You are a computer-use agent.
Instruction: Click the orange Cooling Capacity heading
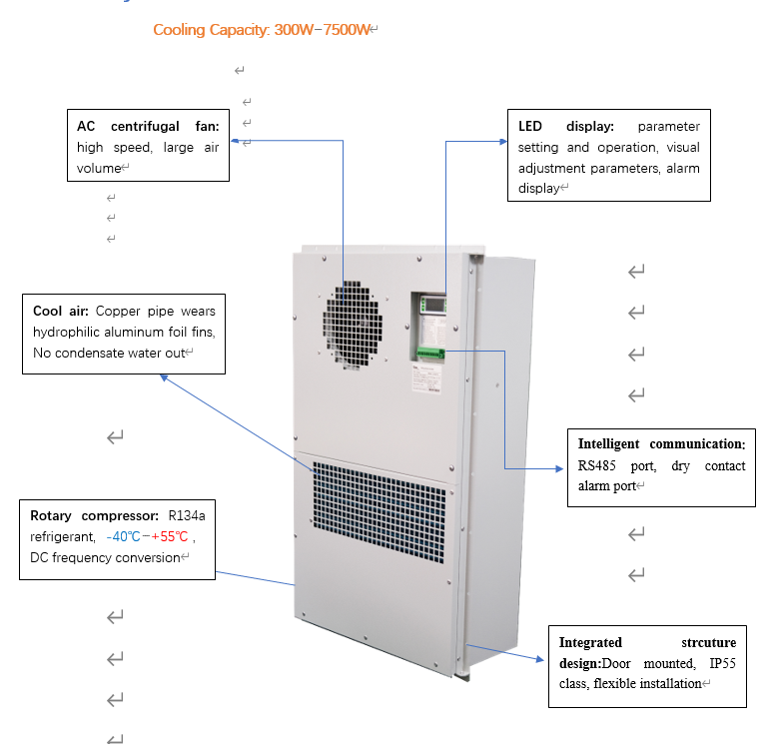262,30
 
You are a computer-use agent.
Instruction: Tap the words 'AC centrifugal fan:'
148,126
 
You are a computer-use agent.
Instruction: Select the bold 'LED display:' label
565,126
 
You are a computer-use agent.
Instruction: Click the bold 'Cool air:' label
61,312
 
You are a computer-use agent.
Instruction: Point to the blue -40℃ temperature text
123,537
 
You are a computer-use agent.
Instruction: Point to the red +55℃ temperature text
169,537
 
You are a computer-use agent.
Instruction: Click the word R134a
187,516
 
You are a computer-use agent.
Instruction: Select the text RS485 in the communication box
596,465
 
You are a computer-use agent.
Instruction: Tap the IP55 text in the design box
722,663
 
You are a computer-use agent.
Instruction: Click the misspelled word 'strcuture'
708,642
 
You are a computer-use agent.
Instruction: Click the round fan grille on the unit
353,325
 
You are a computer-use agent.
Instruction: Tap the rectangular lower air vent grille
380,511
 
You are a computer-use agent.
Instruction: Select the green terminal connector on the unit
429,353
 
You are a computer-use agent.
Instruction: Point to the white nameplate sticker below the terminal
426,378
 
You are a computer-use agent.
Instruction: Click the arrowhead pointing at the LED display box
504,142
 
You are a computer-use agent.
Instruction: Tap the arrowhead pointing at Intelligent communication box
560,468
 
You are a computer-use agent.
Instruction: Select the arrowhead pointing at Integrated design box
540,659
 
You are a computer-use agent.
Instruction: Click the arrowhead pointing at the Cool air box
164,377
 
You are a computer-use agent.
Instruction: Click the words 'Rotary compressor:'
94,516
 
